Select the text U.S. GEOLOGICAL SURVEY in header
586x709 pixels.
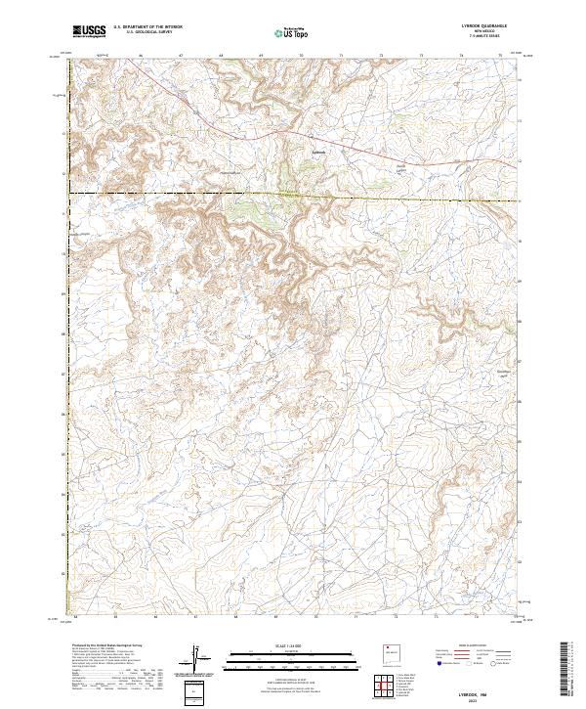(143, 33)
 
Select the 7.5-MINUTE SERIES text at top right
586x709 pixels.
(482, 38)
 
